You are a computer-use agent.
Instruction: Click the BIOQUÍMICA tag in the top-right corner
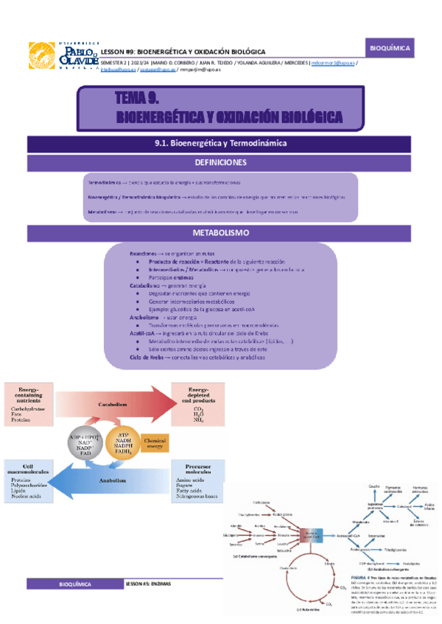click(390, 49)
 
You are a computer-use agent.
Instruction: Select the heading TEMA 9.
click(138, 99)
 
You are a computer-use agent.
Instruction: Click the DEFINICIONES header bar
click(221, 162)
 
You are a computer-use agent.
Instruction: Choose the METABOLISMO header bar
click(221, 233)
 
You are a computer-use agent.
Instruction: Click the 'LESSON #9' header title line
click(183, 52)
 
